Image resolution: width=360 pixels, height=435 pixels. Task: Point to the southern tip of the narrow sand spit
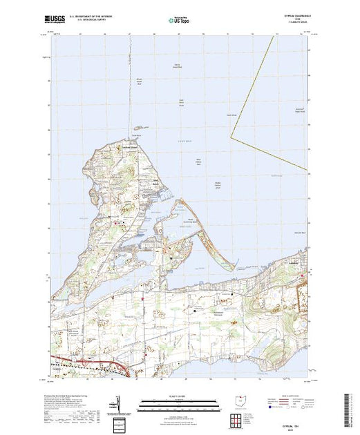tap(208, 267)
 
